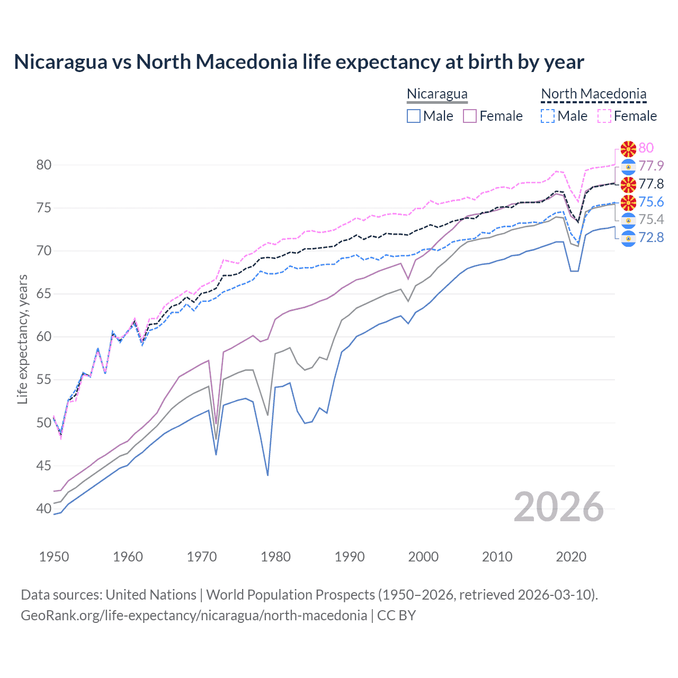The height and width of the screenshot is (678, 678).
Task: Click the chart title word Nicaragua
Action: pos(60,62)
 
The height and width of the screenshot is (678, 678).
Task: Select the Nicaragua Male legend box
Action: pos(414,116)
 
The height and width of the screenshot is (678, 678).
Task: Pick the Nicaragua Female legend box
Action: pos(470,116)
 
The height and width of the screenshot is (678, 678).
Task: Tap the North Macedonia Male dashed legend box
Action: pos(548,116)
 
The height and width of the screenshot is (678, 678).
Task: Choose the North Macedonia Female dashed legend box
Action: pos(604,116)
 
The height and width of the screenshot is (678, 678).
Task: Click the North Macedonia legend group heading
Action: pos(593,94)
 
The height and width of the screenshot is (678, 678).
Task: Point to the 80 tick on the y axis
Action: pos(44,165)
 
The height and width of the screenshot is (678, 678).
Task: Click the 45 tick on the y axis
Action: pos(44,466)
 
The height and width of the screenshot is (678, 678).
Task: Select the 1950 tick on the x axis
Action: pos(54,557)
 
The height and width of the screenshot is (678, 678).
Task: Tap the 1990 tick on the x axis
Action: pos(350,557)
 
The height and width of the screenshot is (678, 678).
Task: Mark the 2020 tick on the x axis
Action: pos(571,557)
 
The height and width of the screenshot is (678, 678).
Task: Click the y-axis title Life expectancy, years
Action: pos(22,339)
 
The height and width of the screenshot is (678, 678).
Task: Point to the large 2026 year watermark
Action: pos(558,507)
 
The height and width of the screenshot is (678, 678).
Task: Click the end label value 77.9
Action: pos(650,166)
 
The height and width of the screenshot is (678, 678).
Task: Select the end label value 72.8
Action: pos(650,237)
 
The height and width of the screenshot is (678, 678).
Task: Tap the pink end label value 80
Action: pos(646,148)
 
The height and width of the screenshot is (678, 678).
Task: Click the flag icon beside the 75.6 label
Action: pos(628,202)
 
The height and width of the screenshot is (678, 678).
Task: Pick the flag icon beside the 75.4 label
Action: pos(628,220)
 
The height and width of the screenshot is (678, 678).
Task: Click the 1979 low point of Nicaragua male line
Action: pos(268,475)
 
